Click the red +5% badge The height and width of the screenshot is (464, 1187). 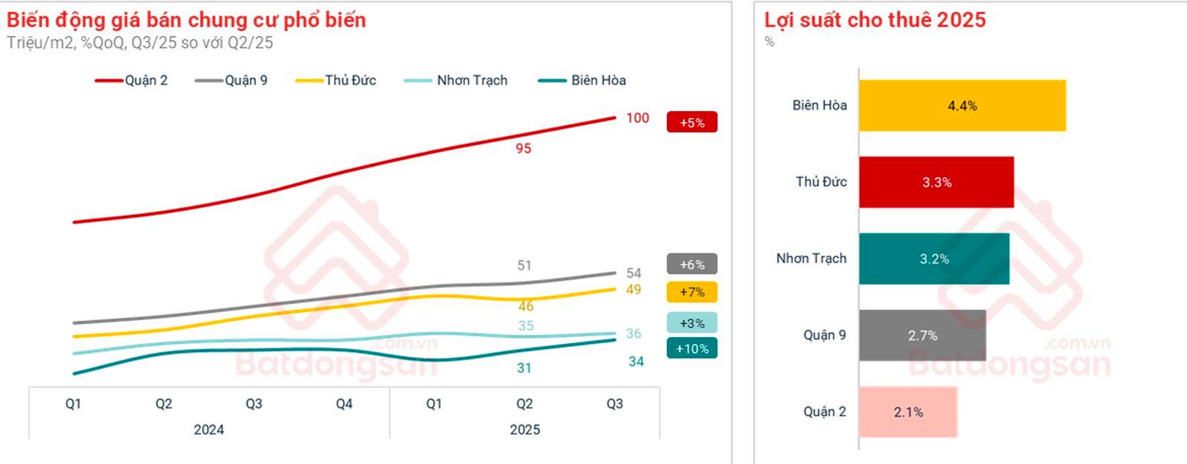click(691, 122)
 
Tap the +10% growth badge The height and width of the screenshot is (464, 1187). click(691, 348)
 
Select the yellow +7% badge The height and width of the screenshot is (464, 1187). click(691, 292)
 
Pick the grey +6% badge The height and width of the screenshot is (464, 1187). click(691, 265)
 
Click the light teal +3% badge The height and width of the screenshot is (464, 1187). click(691, 323)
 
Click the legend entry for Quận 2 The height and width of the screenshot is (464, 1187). click(132, 80)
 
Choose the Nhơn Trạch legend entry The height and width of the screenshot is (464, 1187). click(456, 80)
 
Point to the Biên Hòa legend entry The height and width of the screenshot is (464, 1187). click(582, 80)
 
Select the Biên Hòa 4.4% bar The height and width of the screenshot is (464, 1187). click(962, 106)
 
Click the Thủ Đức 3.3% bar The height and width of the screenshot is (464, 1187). click(936, 182)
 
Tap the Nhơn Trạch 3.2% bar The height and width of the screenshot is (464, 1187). click(934, 259)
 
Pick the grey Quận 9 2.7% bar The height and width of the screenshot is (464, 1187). click(922, 336)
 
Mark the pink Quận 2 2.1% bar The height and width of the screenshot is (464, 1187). click(908, 412)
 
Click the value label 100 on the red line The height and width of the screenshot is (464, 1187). click(637, 118)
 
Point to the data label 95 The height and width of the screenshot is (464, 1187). click(524, 148)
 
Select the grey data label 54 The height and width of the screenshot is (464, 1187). click(634, 273)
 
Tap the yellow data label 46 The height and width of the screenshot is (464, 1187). click(526, 306)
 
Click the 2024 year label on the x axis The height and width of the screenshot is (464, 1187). click(208, 430)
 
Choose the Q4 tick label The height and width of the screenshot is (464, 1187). click(344, 404)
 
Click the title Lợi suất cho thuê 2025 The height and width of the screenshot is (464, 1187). click(875, 20)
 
